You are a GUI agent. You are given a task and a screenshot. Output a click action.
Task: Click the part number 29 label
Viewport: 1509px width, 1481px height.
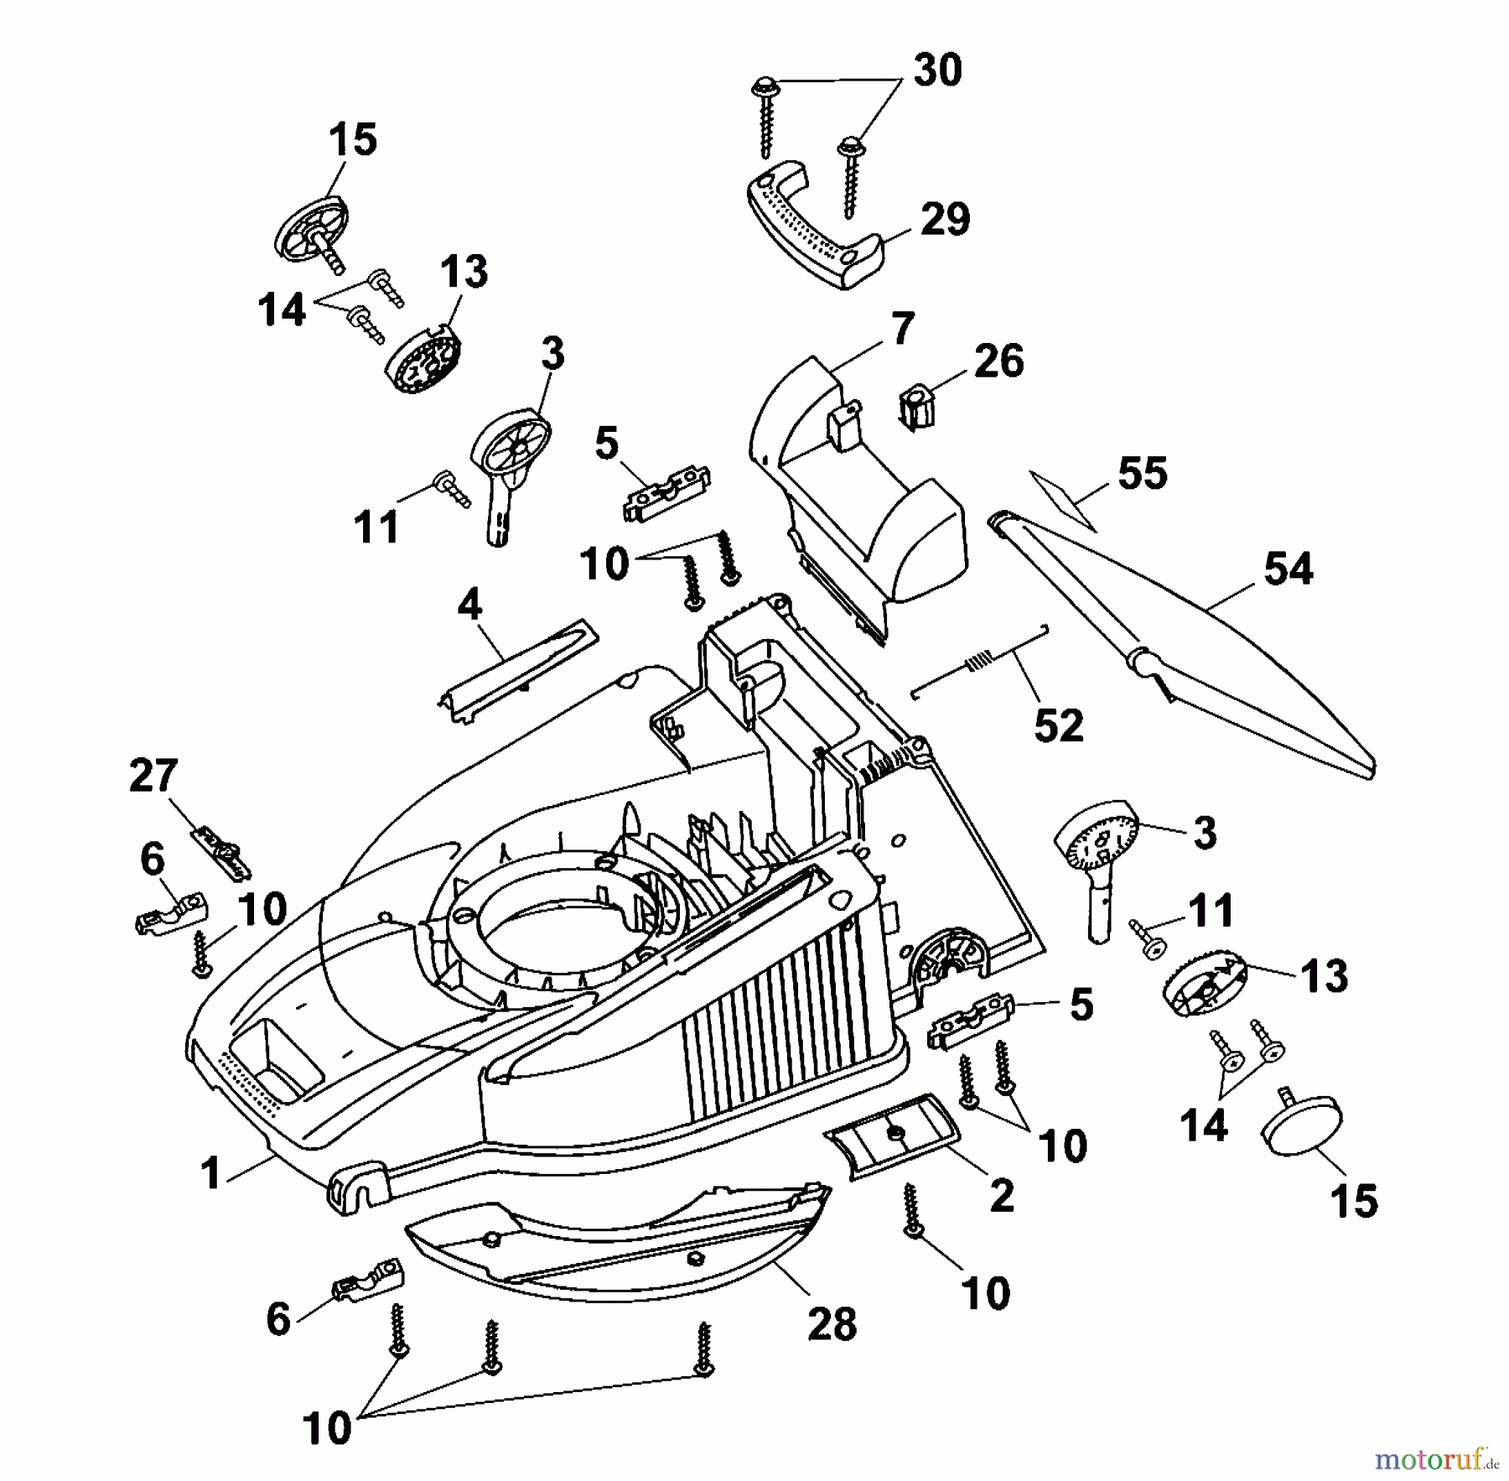coord(945,220)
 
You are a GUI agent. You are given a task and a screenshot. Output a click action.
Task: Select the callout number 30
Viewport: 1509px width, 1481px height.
coord(937,70)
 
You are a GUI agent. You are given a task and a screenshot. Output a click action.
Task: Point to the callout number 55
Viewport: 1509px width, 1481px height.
coord(1143,474)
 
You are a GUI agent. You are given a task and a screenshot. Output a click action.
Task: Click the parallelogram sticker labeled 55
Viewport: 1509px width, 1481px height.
coord(1063,500)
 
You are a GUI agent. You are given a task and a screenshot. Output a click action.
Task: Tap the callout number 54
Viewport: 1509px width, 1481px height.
coord(1289,569)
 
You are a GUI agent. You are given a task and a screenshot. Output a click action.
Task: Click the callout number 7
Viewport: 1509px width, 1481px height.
coord(902,329)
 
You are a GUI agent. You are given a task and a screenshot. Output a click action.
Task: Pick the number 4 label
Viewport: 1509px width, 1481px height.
coord(469,604)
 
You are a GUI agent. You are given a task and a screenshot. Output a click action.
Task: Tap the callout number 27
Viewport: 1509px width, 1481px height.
coord(153,776)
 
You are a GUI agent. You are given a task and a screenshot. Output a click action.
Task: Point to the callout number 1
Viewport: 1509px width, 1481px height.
coord(210,1173)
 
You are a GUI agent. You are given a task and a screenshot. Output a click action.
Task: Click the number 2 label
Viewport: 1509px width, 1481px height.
coord(1002,1196)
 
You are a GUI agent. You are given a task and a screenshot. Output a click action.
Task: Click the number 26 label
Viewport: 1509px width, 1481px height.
coord(999,361)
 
